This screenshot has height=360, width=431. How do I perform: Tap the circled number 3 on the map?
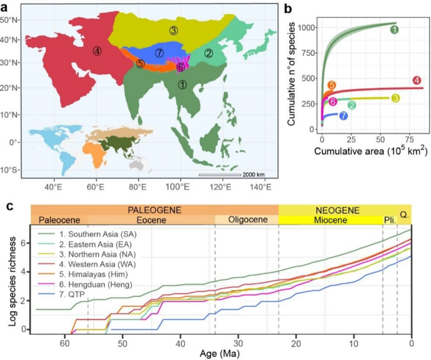coord(174,30)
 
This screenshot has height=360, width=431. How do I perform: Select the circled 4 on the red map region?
coord(97,51)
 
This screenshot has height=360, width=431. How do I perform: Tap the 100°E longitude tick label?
coord(179,186)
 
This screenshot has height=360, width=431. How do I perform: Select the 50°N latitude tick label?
coord(10,20)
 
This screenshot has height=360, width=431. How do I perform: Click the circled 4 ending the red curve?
coord(416,81)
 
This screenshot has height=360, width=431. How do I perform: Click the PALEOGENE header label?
coord(154,210)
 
